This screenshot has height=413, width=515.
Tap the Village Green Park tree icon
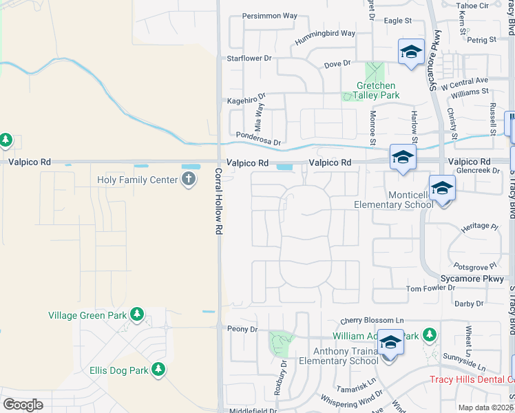(x=137, y=315)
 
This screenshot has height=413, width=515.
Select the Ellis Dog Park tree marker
(x=158, y=370)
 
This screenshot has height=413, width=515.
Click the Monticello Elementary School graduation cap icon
(x=442, y=187)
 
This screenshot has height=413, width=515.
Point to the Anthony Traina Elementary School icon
(x=390, y=342)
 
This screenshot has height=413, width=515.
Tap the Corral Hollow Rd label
(x=218, y=200)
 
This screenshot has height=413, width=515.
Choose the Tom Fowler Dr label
(x=430, y=288)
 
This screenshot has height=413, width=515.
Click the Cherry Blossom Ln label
(x=372, y=321)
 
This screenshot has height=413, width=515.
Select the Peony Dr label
(x=242, y=329)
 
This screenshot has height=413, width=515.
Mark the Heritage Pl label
(x=479, y=226)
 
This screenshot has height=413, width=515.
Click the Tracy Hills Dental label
(x=472, y=379)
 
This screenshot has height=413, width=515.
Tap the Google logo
(x=23, y=404)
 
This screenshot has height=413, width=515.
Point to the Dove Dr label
(x=337, y=65)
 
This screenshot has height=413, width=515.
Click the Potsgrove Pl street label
(x=474, y=266)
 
